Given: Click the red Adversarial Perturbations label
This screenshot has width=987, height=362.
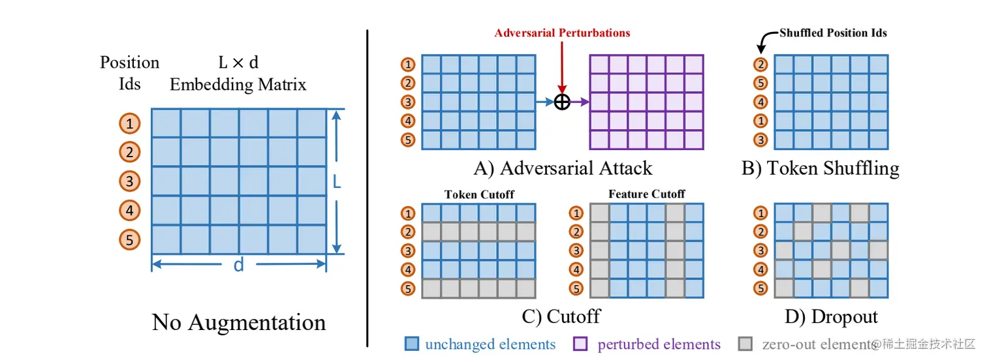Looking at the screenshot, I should (562, 33).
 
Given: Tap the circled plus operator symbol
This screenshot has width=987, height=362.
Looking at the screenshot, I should (562, 102).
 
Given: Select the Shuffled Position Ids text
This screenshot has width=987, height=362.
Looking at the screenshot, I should (833, 33).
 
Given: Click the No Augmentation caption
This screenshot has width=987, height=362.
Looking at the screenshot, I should (239, 322).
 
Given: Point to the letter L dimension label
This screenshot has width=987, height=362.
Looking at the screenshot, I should (337, 183).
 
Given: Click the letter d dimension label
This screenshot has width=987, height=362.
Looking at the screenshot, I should (239, 265).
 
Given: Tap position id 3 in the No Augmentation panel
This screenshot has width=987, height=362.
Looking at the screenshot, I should (129, 181).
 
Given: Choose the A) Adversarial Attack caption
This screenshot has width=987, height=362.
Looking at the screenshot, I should (563, 168).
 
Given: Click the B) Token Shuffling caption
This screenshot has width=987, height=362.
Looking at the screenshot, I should (820, 168).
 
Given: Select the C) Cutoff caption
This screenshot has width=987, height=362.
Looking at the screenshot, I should (561, 316).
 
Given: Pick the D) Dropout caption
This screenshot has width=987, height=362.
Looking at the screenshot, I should (831, 316).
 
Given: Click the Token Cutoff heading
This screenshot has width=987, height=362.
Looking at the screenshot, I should (479, 194).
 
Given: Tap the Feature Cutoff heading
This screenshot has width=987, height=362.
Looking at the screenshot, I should (646, 194).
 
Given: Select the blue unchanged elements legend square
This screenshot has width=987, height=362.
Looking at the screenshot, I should (411, 344).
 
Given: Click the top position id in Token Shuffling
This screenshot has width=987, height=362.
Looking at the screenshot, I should (760, 65).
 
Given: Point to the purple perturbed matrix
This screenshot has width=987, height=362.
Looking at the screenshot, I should (646, 102).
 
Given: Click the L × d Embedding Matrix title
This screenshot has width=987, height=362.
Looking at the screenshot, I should (238, 73).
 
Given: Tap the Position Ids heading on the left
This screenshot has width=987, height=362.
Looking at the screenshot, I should (129, 73).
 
